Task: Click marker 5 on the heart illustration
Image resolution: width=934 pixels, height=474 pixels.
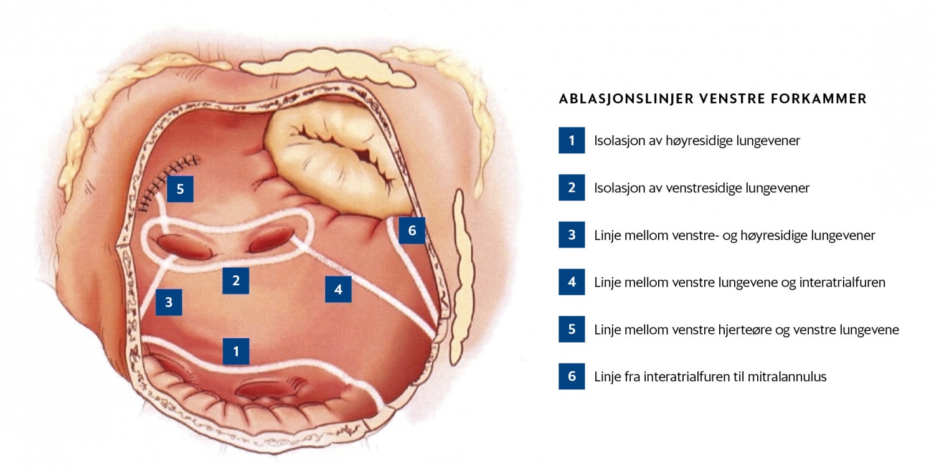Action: [180, 189]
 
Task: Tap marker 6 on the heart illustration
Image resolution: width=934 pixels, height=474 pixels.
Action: [412, 230]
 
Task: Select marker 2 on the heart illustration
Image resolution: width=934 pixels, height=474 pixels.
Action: [235, 280]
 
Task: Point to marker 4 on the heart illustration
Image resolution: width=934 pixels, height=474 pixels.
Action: [338, 289]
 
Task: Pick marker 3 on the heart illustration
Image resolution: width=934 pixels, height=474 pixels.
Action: [169, 302]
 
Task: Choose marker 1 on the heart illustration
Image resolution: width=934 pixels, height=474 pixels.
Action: [236, 351]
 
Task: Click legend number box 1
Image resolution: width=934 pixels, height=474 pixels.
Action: [572, 140]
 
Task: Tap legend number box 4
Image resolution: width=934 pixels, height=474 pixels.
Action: [572, 282]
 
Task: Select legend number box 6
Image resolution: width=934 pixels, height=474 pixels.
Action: [572, 376]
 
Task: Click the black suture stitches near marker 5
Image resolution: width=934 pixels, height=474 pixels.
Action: [169, 180]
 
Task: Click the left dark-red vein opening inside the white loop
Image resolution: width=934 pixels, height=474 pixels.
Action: [185, 247]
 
